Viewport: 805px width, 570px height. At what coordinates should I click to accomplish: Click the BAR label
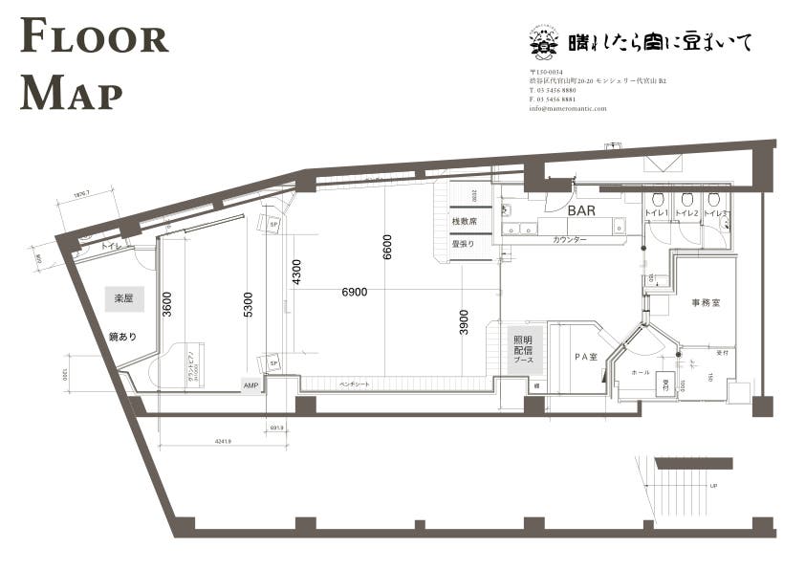click(582, 209)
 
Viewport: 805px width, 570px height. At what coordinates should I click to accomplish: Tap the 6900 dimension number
click(354, 292)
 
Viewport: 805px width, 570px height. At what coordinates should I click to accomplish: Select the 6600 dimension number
click(387, 247)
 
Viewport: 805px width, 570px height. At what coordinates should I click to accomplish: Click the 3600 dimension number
click(167, 305)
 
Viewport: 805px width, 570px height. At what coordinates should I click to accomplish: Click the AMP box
click(251, 384)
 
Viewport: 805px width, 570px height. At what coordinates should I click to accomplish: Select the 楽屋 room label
click(123, 298)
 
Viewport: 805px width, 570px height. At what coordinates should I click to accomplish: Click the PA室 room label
click(585, 357)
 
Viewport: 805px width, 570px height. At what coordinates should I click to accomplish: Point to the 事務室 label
click(706, 302)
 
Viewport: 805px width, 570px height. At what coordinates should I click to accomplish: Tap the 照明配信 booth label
click(523, 349)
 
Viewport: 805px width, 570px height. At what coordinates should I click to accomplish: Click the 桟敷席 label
click(464, 222)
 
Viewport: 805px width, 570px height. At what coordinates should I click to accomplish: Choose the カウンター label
click(569, 240)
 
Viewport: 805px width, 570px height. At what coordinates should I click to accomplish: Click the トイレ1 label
click(655, 212)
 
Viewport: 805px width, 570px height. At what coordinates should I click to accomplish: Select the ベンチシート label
click(356, 383)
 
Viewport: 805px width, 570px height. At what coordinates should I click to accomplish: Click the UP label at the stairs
click(712, 486)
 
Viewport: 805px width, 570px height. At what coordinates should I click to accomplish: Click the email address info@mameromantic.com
click(567, 109)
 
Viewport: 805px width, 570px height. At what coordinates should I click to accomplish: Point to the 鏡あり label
click(123, 337)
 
